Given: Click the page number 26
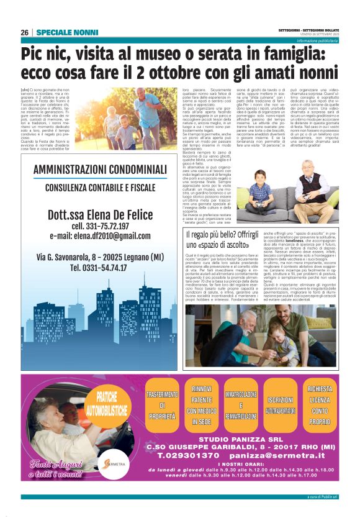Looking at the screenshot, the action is pyautogui.click(x=25, y=32).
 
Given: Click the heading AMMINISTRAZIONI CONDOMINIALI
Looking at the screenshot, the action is pyautogui.click(x=100, y=170).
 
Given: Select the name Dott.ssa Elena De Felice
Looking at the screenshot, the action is pyautogui.click(x=100, y=214).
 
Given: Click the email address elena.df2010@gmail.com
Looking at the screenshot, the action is pyautogui.click(x=100, y=236).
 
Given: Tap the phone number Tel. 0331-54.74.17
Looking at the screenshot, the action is pyautogui.click(x=100, y=268).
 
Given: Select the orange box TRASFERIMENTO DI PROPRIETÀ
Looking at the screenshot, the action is pyautogui.click(x=161, y=407).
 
